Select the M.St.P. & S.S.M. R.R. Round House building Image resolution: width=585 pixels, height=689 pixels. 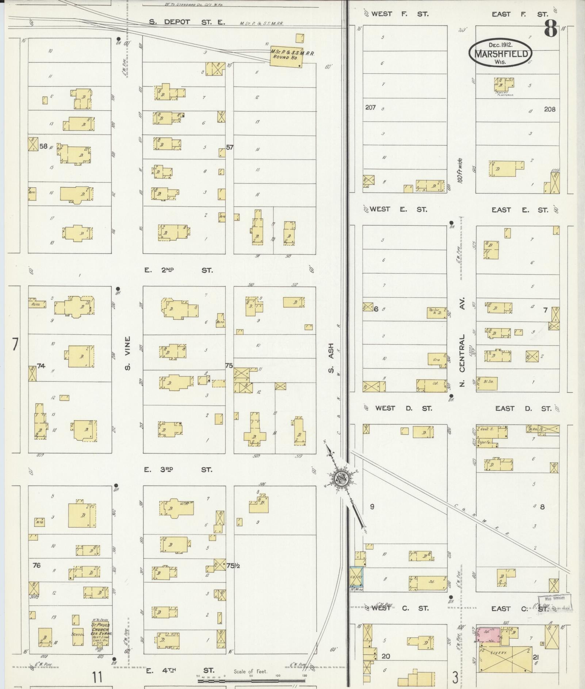pos(286,56)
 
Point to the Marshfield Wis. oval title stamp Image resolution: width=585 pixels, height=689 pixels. pos(501,53)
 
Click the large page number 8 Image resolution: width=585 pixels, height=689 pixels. pos(551,28)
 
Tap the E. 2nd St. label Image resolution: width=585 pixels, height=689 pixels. pos(178,270)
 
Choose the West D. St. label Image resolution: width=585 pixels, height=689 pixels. pos(403,408)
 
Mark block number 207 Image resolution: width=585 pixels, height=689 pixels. pos(370,107)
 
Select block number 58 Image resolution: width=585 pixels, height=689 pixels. pos(43,146)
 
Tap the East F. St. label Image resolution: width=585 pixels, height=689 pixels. pos(520,14)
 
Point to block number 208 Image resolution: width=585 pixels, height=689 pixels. pos(550,109)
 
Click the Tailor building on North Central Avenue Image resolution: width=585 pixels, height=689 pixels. pos(437,313)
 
